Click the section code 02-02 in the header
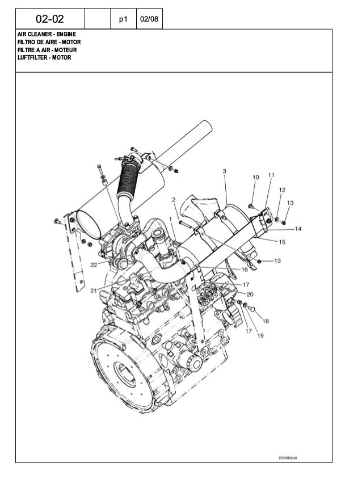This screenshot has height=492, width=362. click(x=50, y=20)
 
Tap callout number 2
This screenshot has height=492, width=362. click(x=174, y=199)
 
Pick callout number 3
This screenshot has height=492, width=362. click(x=225, y=171)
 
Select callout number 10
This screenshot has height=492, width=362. click(x=255, y=178)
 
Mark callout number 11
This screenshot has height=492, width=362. click(x=271, y=175)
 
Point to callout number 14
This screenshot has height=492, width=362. click(x=298, y=229)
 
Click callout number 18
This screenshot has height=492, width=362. click(x=266, y=321)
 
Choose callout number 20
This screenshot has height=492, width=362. click(x=250, y=294)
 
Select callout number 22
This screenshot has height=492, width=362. click(x=92, y=264)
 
